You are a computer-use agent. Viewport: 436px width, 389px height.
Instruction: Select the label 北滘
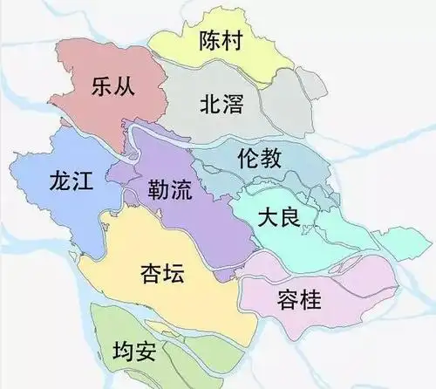221,106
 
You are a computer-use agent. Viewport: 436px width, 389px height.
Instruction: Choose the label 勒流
171,188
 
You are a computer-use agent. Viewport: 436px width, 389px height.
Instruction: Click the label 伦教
259,159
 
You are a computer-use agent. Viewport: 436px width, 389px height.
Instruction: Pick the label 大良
279,218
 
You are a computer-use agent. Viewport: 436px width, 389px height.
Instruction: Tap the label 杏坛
161,274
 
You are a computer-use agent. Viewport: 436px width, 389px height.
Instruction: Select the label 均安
135,351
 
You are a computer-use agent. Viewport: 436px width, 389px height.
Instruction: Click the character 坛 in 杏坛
177,274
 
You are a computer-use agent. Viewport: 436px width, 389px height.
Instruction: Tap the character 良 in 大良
294,218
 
